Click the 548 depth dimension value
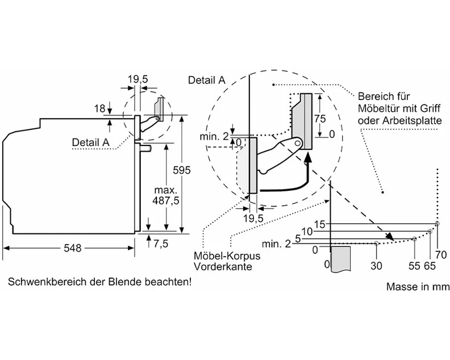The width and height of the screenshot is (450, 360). pyautogui.click(x=72, y=248)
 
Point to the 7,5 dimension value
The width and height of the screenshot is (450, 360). pyautogui.click(x=161, y=243)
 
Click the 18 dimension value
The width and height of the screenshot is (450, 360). pyautogui.click(x=100, y=108)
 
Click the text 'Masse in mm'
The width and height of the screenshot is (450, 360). pyautogui.click(x=414, y=287)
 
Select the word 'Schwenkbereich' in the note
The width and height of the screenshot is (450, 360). pyautogui.click(x=41, y=282)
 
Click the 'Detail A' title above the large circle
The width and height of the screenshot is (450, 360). pyautogui.click(x=207, y=80)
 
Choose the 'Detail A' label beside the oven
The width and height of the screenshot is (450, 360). pyautogui.click(x=91, y=142)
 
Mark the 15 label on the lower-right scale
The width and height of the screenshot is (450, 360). pyautogui.click(x=319, y=224)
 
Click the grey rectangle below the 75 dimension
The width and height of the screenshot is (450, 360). pyautogui.click(x=303, y=121)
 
